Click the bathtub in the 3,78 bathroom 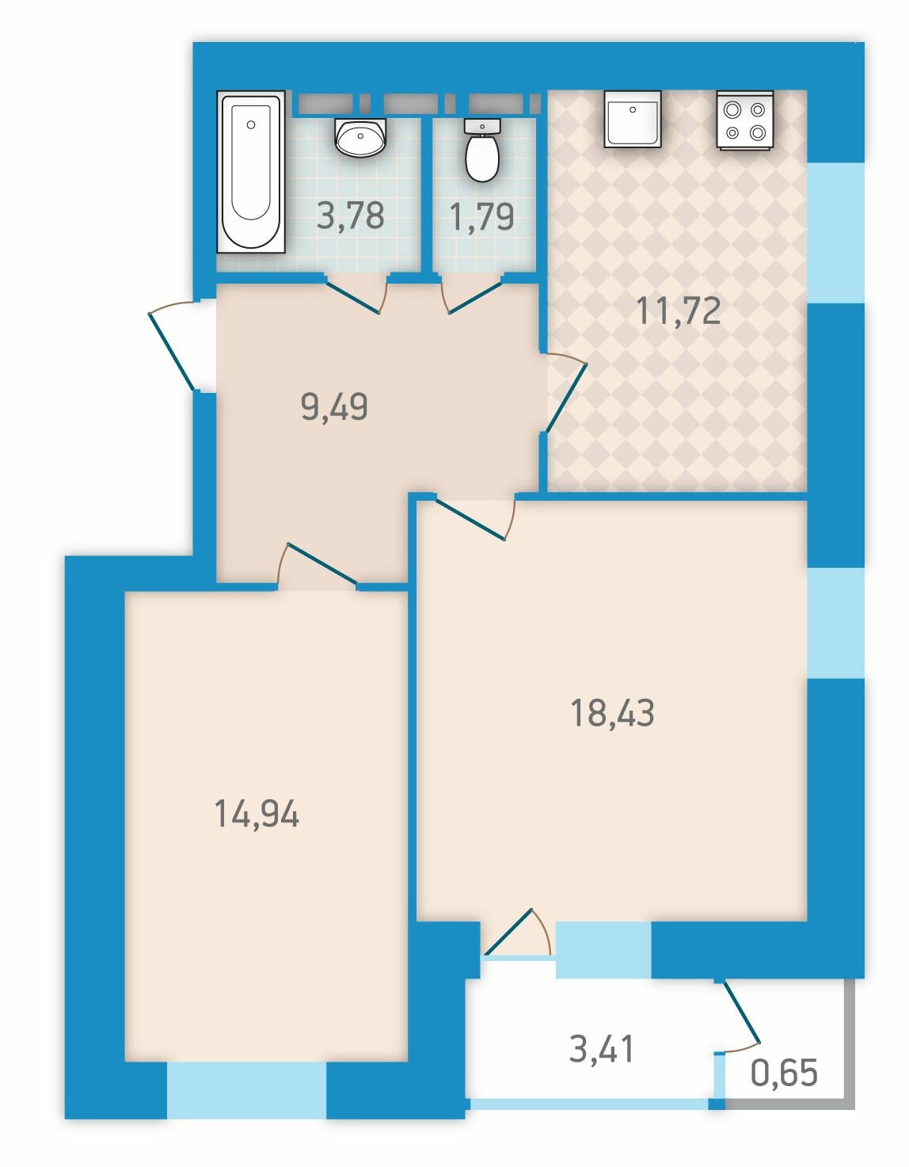tap(250, 171)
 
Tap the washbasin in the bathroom tap(360, 137)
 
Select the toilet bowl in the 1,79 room tap(482, 151)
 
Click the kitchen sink tap(632, 119)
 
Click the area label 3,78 tap(351, 215)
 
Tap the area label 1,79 tap(482, 216)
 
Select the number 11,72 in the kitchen tap(678, 311)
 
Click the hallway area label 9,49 tap(334, 406)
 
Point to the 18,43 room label tap(612, 713)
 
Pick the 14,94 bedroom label tap(257, 814)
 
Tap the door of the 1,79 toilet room tap(472, 293)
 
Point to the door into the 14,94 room tap(318, 564)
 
